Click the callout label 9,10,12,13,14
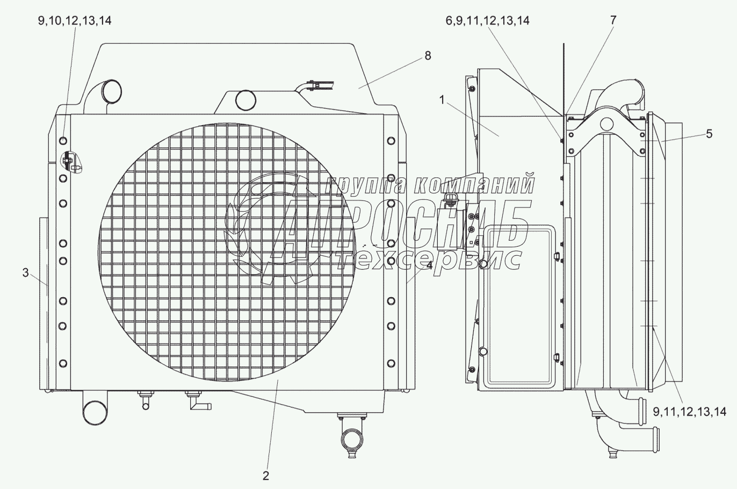75,21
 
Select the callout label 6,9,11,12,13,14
488,21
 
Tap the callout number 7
613,20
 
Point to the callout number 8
428,56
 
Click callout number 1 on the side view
442,100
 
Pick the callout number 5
709,134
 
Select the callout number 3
26,272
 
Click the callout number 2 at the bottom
266,476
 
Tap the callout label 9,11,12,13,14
690,412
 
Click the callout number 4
429,265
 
